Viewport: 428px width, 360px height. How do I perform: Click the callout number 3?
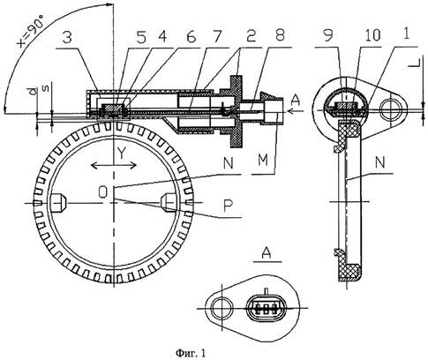[68, 38]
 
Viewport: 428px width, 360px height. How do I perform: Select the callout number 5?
[141, 38]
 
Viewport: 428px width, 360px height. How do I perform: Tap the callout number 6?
[191, 36]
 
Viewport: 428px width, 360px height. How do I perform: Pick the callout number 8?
[280, 35]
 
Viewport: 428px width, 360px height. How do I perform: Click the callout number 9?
[328, 35]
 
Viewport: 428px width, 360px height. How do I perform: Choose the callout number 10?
[372, 35]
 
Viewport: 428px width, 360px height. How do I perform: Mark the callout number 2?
[251, 36]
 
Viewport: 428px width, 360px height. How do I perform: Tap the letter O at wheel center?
[103, 192]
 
